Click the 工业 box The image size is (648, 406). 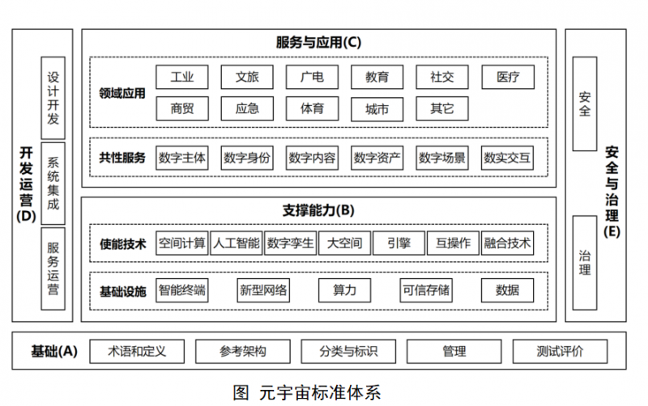(181, 77)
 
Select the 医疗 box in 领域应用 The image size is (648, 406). (508, 77)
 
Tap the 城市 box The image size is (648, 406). (377, 109)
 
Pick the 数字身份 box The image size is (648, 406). (247, 158)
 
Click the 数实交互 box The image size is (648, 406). (507, 158)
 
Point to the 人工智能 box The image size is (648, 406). (236, 243)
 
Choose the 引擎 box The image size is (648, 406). (399, 243)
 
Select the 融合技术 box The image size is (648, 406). (507, 243)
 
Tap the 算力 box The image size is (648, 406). (344, 290)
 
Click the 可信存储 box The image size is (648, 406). (426, 290)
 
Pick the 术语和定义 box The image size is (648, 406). (137, 351)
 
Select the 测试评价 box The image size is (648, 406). (560, 351)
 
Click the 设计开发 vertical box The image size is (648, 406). (53, 98)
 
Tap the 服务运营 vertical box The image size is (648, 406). (53, 269)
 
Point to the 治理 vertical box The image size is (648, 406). (584, 262)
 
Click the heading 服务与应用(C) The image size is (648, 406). (318, 42)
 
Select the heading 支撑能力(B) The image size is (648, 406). (318, 210)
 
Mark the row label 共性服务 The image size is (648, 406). (122, 158)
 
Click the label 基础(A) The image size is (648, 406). (54, 351)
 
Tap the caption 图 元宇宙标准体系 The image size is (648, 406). (307, 392)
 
